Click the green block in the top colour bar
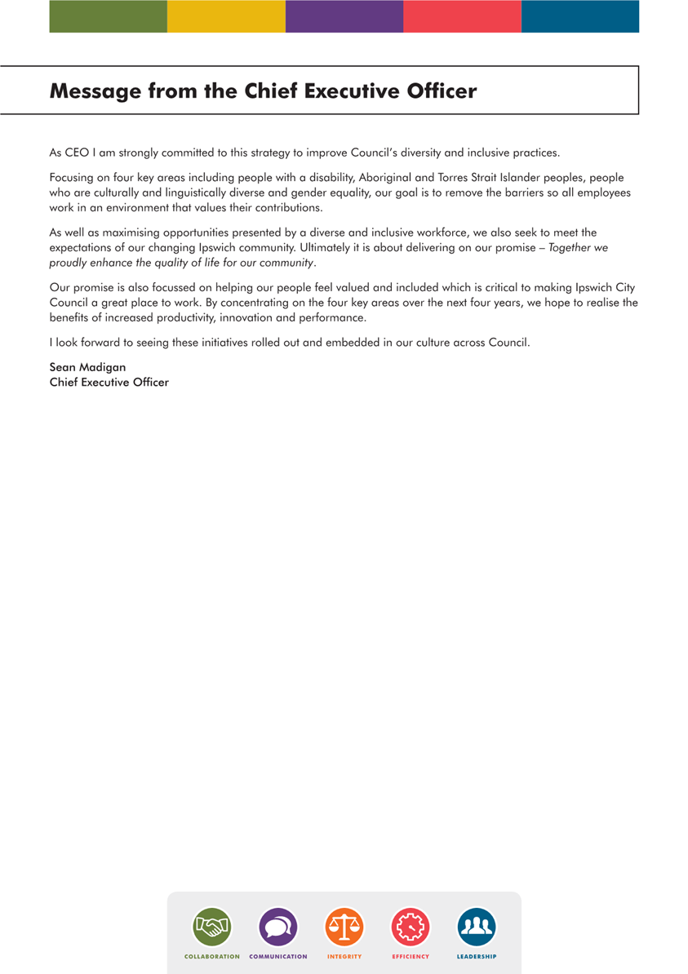[x=108, y=16]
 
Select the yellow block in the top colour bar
[x=226, y=16]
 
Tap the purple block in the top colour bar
[x=344, y=16]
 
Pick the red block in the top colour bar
[x=462, y=16]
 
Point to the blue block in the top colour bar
[x=580, y=16]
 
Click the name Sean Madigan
[x=87, y=367]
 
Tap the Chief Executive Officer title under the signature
[x=109, y=382]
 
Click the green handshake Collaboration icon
[x=211, y=928]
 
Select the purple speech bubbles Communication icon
[x=278, y=928]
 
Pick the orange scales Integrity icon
[x=344, y=928]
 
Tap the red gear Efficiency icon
[x=411, y=928]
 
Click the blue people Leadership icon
[x=477, y=928]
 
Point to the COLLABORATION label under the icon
[x=211, y=956]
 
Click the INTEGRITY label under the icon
[x=344, y=956]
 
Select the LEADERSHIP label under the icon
[x=477, y=956]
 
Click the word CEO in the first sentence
[x=76, y=153]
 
